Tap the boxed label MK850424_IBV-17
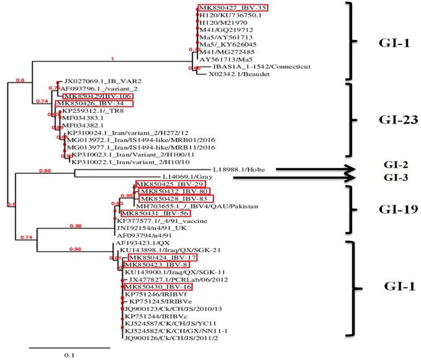[155, 258]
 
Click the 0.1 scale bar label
[70, 356]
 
